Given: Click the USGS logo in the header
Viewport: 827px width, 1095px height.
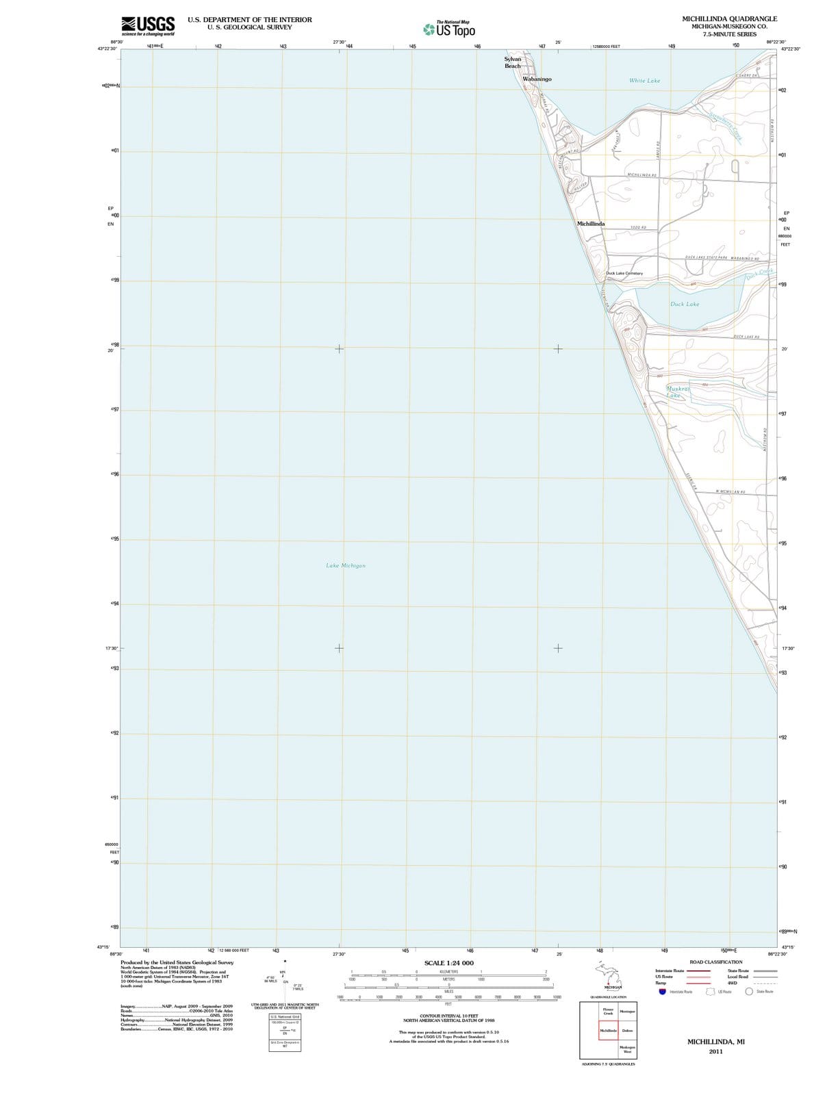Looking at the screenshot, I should pos(147,26).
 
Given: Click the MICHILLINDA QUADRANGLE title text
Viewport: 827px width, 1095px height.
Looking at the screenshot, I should pos(729,18).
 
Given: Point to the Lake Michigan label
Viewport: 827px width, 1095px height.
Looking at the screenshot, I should pos(346,566).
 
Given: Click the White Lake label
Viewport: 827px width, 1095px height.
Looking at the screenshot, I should pos(644,81).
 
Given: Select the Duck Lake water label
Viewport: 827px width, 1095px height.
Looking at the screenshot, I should pos(685,304).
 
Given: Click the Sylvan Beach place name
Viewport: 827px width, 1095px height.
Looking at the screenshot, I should pos(513,62).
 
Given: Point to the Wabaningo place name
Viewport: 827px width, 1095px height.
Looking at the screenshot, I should pos(537,79).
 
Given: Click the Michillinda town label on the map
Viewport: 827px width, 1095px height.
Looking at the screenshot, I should pos(591,224).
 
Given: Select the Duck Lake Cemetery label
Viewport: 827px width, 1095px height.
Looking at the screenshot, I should pos(624,273).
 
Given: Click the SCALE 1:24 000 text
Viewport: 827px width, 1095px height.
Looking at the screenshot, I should pos(448,963).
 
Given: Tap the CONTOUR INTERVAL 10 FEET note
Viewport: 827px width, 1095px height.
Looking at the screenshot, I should pos(448,1016).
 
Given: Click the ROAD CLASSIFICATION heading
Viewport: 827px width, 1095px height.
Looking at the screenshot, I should pos(715,962).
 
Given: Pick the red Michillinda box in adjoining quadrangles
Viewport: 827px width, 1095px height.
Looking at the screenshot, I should pos(608,1030).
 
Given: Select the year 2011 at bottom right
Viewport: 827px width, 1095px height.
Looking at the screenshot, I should pos(715,1051).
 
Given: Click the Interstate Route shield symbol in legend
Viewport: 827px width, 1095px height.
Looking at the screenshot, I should pos(662,992).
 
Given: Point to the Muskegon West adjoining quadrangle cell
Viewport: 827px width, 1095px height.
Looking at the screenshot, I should pos(627,1049).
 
